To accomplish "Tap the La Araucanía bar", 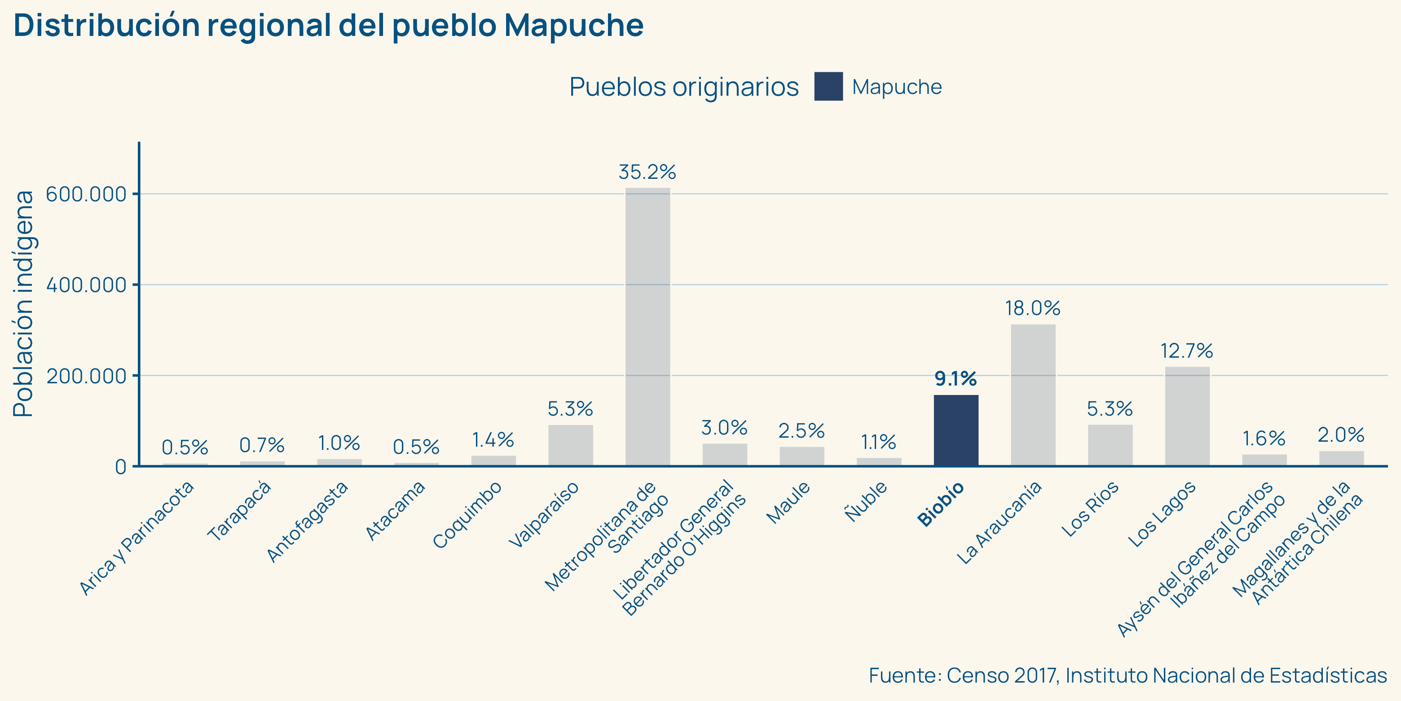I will (x=1033, y=395).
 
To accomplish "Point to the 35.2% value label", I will (x=647, y=172).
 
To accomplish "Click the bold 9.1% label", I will (x=956, y=378).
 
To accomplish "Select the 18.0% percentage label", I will (x=1032, y=308).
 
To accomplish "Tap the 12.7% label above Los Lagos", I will (x=1187, y=350).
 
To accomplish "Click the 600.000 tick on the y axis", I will (x=86, y=194).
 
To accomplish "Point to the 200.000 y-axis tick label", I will (x=86, y=376).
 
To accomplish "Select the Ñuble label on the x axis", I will (x=866, y=501).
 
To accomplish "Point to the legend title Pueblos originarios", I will (x=683, y=87).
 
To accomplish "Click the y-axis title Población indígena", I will (x=23, y=304).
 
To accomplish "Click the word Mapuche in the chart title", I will (x=573, y=25).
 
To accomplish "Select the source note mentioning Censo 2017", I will (x=1128, y=675).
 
